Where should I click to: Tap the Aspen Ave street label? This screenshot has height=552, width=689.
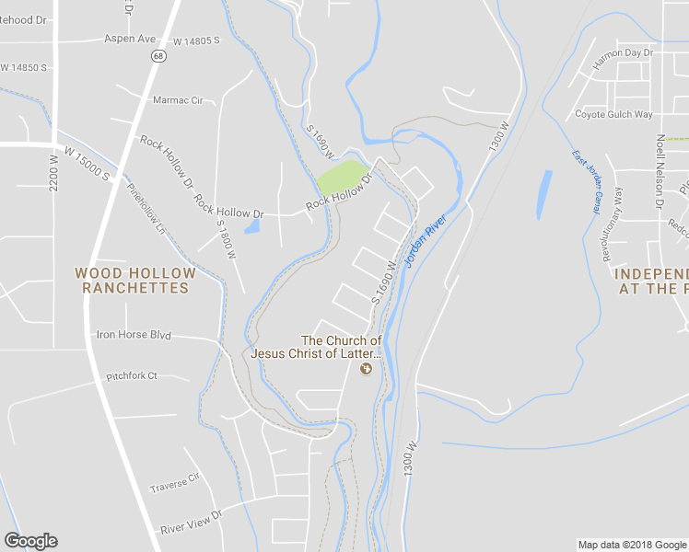point(131,40)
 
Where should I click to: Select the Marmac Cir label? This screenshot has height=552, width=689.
point(178,99)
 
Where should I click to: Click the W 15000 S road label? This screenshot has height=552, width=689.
point(88,163)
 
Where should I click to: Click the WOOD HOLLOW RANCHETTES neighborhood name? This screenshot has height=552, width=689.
point(135,281)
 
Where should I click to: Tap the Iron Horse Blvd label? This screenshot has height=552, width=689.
point(134,335)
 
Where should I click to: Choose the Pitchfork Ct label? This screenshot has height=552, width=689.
point(132,375)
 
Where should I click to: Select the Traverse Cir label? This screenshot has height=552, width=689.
point(175,482)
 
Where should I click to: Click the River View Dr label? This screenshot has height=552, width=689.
point(192,522)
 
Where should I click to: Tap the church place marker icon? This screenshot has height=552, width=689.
point(366,369)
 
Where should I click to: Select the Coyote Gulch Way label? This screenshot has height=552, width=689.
point(613,115)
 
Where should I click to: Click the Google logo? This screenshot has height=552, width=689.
point(30,541)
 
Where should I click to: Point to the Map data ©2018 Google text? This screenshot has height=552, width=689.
point(633,545)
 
